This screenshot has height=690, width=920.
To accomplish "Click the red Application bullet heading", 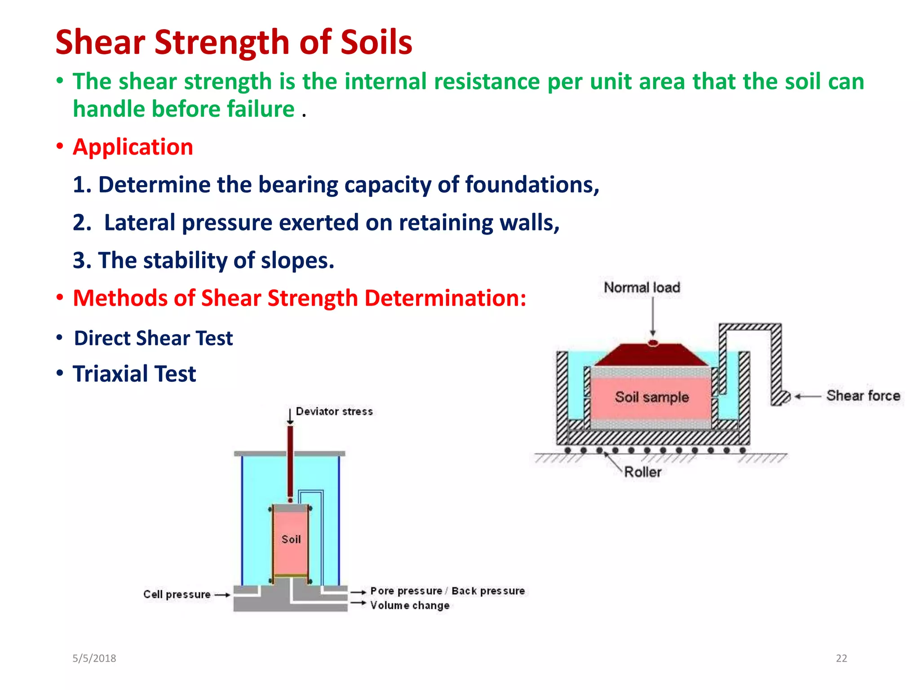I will click(133, 147).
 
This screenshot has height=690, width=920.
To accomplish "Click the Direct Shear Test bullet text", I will click(153, 338).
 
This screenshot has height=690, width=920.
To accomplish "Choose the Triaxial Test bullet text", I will click(134, 374).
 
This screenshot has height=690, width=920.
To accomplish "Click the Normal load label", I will click(641, 287).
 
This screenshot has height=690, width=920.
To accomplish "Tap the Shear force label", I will click(863, 396).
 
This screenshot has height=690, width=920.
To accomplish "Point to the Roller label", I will click(642, 472).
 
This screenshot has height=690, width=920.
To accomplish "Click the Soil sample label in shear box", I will click(651, 397).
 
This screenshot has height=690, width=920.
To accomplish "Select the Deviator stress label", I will click(334, 411).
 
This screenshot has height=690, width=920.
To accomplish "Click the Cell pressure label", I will click(177, 594).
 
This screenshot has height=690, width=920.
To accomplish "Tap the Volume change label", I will click(410, 606).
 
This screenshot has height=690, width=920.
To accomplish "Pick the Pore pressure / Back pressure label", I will click(447, 591).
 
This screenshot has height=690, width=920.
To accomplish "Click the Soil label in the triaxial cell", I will click(291, 540).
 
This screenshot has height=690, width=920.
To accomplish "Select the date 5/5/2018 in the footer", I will click(94, 659).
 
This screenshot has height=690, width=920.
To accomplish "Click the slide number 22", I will click(841, 659).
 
